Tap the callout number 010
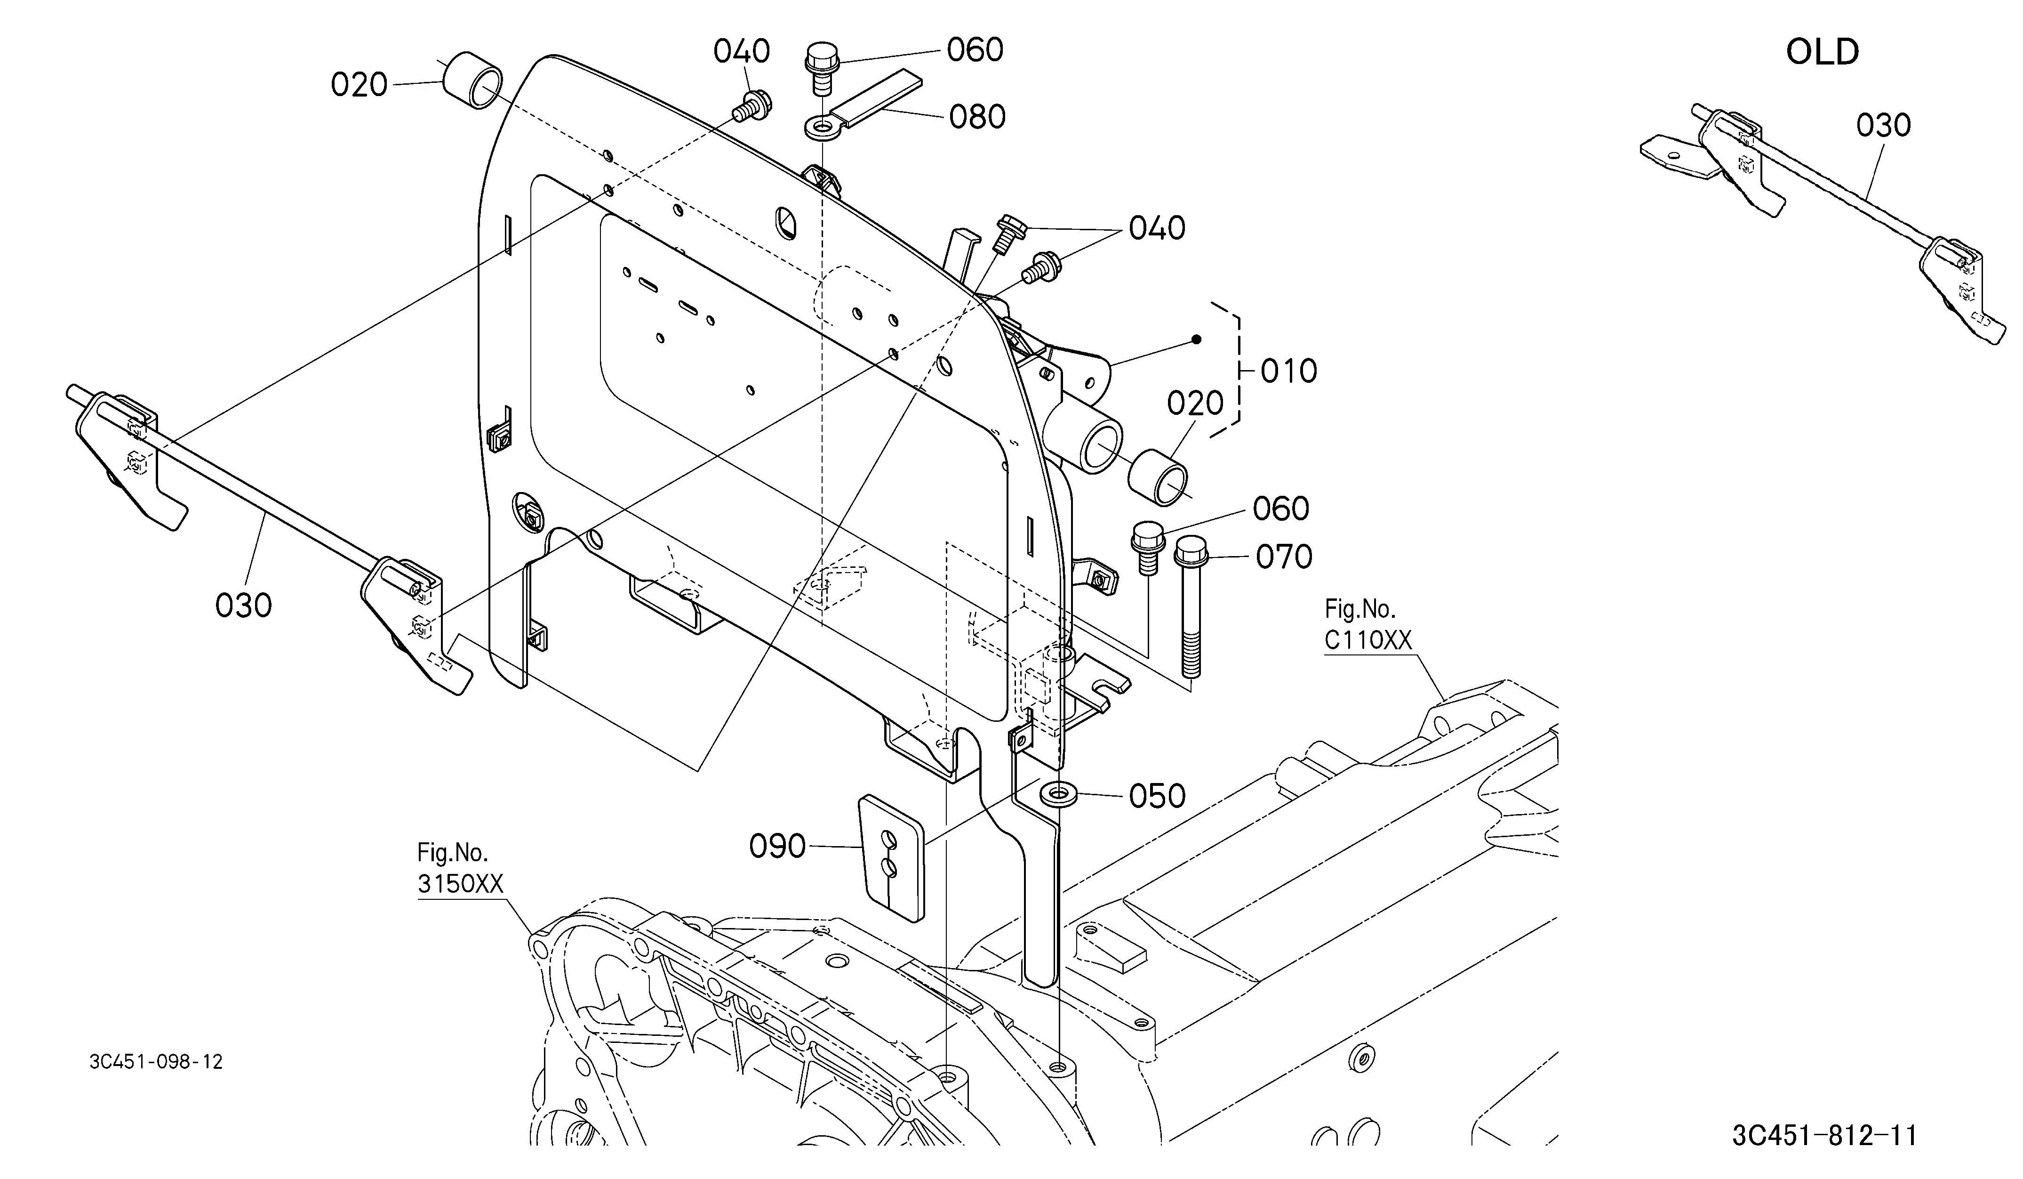coord(1288,371)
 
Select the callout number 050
coord(1157,796)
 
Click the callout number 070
coord(1284,557)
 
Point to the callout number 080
coord(977,117)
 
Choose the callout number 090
coord(777,846)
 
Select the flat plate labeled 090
coord(892,857)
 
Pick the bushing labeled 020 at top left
coord(474,81)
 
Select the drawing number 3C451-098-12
coord(156,1062)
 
